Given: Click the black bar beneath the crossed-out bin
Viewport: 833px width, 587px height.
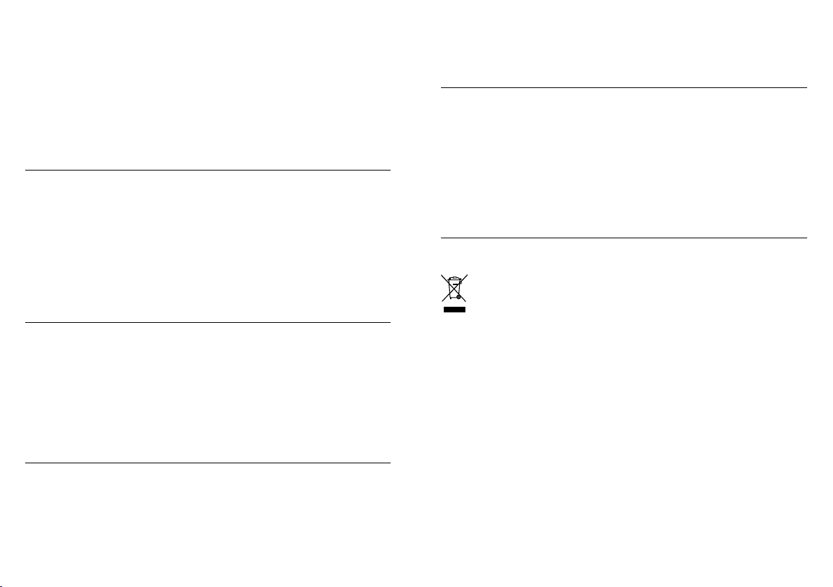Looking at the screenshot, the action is pos(454,309).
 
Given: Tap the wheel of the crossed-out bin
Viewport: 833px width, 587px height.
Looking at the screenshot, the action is pos(459,297).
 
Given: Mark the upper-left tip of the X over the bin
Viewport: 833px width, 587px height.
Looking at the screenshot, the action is pos(442,273).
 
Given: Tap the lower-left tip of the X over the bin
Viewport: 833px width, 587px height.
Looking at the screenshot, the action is pos(442,302).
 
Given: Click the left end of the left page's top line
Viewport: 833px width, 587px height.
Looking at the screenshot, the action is pos(26,170).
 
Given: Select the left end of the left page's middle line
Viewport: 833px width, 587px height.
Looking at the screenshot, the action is pos(26,322).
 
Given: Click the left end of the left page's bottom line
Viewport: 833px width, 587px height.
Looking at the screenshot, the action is pos(26,463).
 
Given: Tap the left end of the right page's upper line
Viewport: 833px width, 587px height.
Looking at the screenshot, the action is pos(442,88).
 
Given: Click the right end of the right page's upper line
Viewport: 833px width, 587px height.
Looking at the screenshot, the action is pos(806,88).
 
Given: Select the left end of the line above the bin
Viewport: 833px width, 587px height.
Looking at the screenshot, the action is pos(442,238).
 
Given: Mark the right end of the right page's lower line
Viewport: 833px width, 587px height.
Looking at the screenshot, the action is pos(806,238).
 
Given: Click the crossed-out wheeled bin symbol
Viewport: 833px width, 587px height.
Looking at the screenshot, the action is pos(454,288).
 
